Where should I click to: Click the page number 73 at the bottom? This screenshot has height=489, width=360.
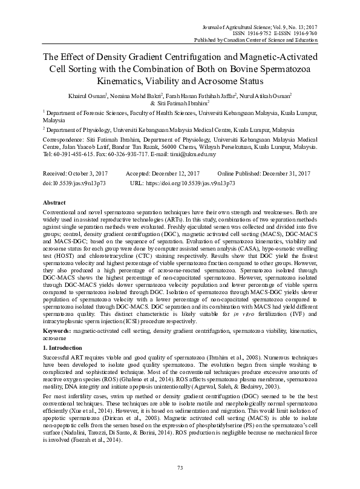[x=180, y=468]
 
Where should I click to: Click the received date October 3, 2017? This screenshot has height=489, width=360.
[x=94, y=173]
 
